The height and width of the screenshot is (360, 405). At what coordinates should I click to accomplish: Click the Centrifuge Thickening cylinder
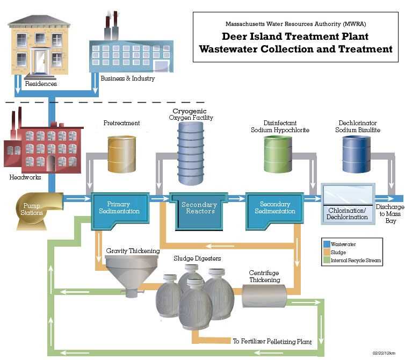(264, 296)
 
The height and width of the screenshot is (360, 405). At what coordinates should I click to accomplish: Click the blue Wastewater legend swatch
(326, 244)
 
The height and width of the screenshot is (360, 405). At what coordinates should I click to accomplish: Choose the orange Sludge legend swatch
(326, 252)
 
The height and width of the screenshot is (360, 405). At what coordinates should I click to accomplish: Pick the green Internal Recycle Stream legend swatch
(326, 261)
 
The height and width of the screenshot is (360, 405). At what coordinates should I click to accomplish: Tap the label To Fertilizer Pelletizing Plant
(271, 341)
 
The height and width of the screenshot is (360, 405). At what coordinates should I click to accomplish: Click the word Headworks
(25, 177)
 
